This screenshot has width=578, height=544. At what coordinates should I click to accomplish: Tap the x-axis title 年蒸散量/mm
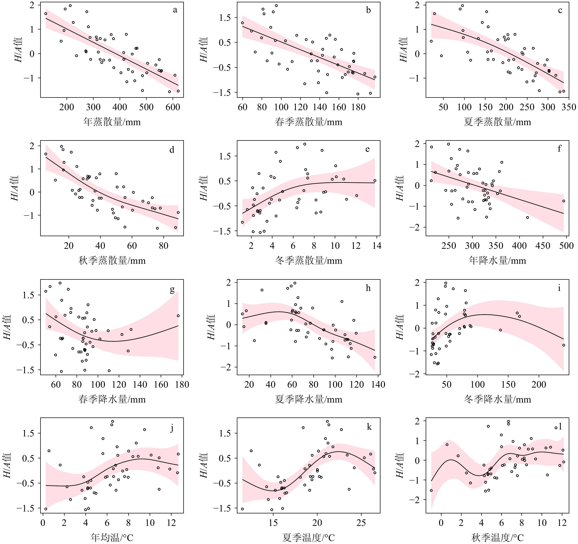tap(112, 122)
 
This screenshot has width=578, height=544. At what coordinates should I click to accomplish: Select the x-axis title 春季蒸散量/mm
tap(308, 122)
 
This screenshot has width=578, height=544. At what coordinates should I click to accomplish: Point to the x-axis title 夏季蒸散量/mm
tap(497, 122)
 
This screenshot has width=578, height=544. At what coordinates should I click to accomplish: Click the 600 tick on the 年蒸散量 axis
tap(173, 107)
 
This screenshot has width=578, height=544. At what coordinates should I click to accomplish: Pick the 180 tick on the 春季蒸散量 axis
tap(358, 107)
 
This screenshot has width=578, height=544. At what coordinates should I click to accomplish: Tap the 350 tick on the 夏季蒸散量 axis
tap(569, 107)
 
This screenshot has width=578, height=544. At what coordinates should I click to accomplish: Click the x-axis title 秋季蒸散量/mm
tap(112, 260)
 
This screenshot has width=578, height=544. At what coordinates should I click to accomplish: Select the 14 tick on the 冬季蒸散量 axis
tap(377, 246)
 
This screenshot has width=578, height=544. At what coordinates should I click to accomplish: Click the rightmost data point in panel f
tap(563, 201)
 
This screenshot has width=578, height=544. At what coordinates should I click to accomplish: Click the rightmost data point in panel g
tap(178, 316)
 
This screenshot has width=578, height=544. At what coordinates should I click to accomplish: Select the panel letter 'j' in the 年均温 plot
tap(172, 428)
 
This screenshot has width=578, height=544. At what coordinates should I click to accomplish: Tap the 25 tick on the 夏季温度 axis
tap(361, 523)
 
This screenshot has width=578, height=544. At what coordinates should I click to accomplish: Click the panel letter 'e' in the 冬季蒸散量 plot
tap(367, 149)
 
